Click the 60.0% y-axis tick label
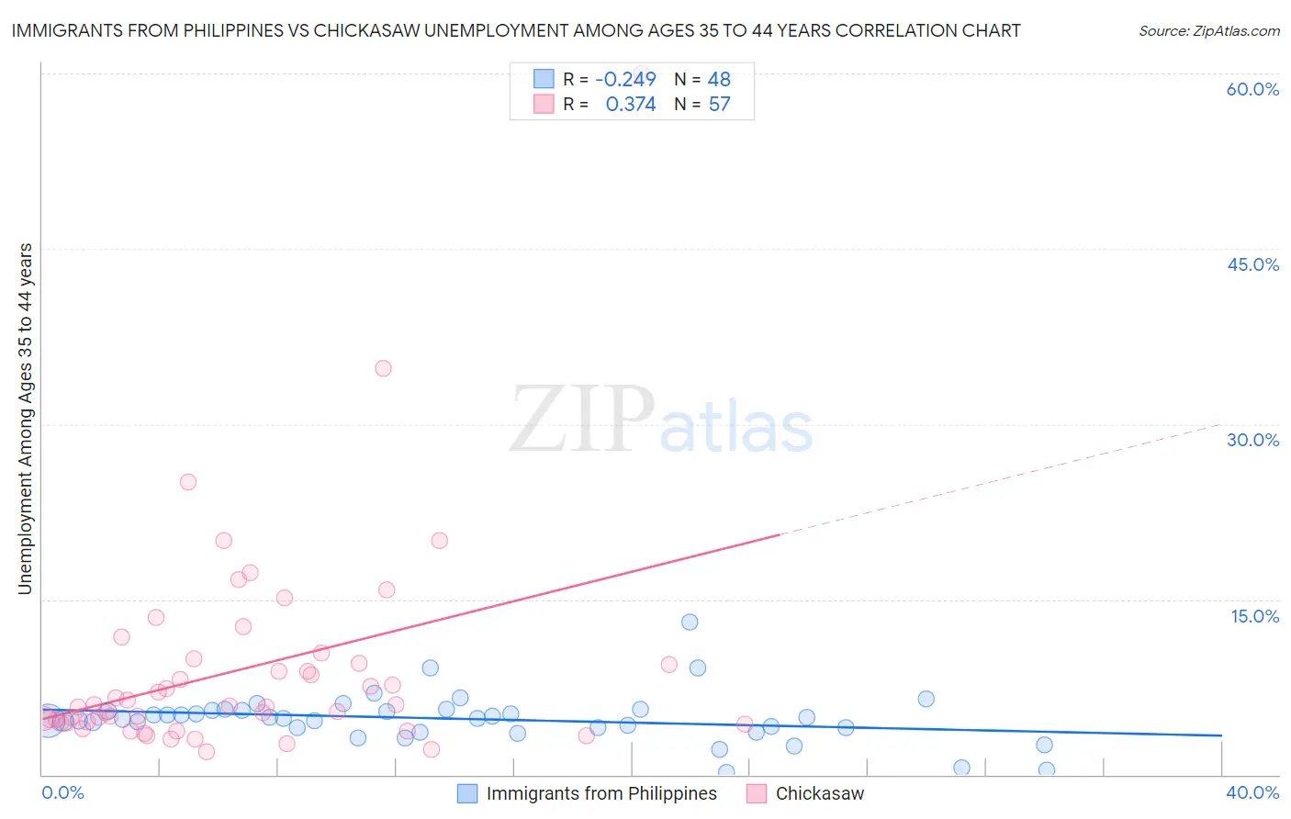pyautogui.click(x=1252, y=89)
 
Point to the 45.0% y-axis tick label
pyautogui.click(x=1252, y=264)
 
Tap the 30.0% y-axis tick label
pyautogui.click(x=1252, y=440)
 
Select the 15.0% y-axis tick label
pyautogui.click(x=1254, y=616)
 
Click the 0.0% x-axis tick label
pyautogui.click(x=62, y=792)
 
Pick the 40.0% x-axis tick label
pyautogui.click(x=1252, y=792)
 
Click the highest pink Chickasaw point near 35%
pyautogui.click(x=383, y=368)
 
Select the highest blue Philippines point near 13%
pyautogui.click(x=690, y=622)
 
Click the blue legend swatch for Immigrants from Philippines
pyautogui.click(x=467, y=793)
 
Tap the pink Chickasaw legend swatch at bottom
pyautogui.click(x=757, y=793)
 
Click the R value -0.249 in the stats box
pyautogui.click(x=625, y=79)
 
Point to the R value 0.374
pyautogui.click(x=631, y=105)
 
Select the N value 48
pyautogui.click(x=719, y=79)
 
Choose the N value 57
pyautogui.click(x=719, y=105)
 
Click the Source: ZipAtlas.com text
pyautogui.click(x=1208, y=30)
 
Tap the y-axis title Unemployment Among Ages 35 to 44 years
pyautogui.click(x=25, y=418)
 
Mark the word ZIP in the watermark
pyautogui.click(x=581, y=419)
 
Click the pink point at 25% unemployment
pyautogui.click(x=188, y=482)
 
